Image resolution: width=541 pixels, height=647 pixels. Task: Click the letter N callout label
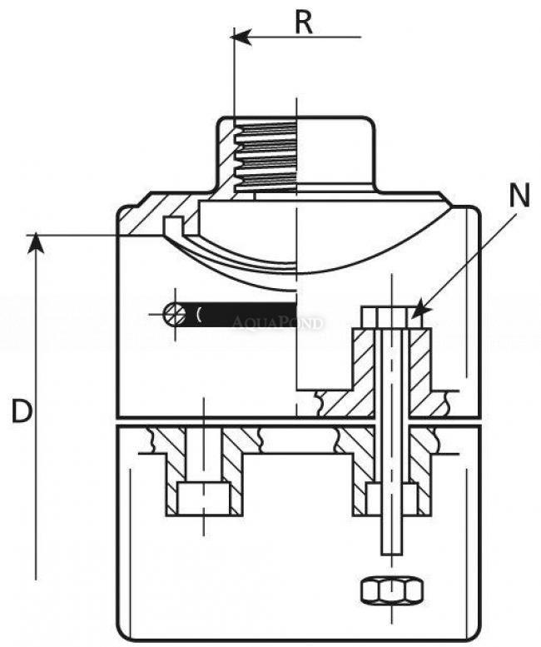coord(519,196)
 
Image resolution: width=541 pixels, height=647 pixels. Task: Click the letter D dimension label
coord(22,411)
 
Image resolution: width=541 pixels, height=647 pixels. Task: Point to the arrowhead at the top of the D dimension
coord(35,241)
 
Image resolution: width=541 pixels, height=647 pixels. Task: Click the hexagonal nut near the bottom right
coord(391,590)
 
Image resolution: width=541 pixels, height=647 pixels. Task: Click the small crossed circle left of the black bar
coord(175,314)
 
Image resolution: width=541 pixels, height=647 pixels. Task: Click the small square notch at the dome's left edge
coord(172,226)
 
